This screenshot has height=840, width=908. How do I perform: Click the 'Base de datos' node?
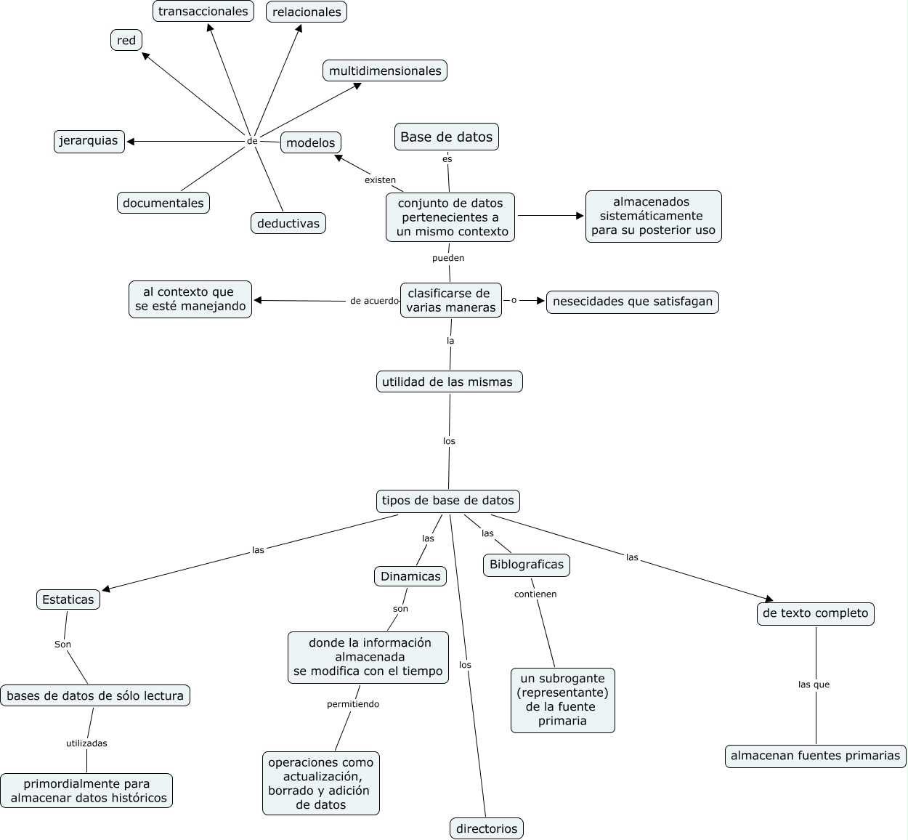446,137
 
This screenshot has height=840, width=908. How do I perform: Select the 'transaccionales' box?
203,11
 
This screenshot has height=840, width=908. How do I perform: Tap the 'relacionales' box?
307,12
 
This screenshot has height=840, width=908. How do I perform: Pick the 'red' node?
126,40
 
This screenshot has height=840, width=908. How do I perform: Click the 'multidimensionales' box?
385,70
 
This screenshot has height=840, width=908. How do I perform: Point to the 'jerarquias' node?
89,141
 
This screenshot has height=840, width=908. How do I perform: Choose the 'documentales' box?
163,203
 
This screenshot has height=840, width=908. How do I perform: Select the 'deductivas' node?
288,223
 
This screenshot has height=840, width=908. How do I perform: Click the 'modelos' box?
311,142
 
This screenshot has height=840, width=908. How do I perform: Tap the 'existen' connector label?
380,179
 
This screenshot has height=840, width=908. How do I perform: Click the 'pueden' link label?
448,258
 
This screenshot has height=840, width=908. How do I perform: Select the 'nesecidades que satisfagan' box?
633,302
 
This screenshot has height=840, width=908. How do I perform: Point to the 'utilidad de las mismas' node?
448,381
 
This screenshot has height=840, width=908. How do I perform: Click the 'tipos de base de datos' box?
448,501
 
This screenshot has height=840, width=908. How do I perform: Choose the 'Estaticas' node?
68,599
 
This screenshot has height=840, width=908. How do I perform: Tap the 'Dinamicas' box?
410,576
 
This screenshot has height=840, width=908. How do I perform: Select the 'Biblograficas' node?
527,565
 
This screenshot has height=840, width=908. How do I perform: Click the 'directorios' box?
487,828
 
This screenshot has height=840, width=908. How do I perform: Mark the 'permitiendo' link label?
353,704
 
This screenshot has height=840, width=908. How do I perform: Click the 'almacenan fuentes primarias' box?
816,756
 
